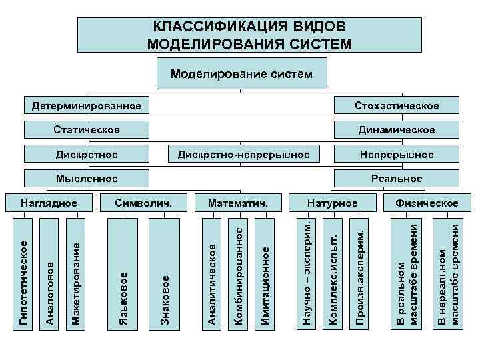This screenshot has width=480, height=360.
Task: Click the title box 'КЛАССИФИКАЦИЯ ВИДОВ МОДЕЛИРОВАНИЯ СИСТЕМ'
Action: pos(250,35)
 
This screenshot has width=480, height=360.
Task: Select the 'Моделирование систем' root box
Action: pos(241,73)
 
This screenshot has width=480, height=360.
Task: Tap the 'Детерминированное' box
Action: pos(87,106)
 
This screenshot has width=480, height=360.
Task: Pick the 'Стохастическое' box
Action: pos(397,106)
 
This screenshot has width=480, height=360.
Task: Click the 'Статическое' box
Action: pos(87,129)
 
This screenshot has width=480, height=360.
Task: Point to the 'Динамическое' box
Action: pos(397,129)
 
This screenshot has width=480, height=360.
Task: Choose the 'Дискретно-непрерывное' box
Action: pos(243,154)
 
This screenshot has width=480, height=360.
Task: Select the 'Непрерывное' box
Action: pos(397,154)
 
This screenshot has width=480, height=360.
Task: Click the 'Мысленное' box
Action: pos(87,178)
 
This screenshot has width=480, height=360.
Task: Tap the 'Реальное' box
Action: pos(397,178)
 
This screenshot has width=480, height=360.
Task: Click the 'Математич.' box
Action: pos(237,202)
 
